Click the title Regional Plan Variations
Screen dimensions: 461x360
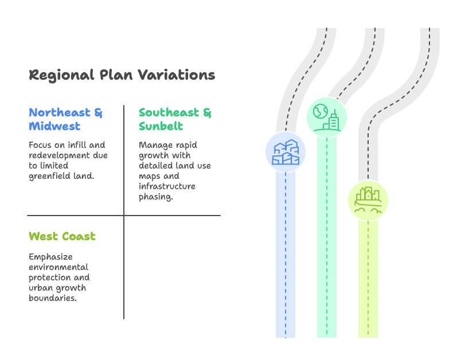(122, 75)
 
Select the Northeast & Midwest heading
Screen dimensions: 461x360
(65, 119)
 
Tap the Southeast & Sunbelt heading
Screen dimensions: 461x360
(175, 119)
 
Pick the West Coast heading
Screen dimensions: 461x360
(62, 236)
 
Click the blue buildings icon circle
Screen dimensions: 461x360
(286, 152)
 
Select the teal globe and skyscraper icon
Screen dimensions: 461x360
(327, 118)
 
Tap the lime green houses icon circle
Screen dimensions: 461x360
(368, 201)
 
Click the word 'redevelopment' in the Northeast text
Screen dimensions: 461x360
(60, 155)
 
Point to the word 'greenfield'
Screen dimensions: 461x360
(45, 177)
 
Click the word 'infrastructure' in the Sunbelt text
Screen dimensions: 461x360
(167, 186)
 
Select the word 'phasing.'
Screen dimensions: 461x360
(156, 197)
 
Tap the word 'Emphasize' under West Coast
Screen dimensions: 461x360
(50, 257)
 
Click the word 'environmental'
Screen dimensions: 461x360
(58, 267)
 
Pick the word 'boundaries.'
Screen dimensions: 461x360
(53, 298)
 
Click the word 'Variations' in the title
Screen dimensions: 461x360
(177, 75)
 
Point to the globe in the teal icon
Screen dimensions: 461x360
(320, 111)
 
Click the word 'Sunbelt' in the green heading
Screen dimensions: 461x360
(161, 126)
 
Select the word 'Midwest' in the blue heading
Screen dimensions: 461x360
(54, 126)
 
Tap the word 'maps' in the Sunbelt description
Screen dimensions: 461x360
(149, 177)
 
